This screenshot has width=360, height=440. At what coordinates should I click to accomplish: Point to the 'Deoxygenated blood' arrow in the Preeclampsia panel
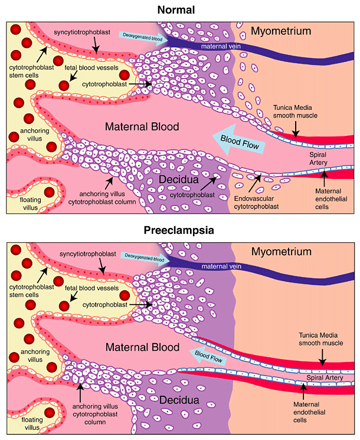click(145, 256)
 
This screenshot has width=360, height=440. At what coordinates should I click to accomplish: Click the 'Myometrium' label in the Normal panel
click(280, 31)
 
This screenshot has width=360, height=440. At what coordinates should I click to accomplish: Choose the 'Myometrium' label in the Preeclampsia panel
click(281, 252)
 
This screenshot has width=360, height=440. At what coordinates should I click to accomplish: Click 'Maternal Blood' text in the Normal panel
click(142, 126)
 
